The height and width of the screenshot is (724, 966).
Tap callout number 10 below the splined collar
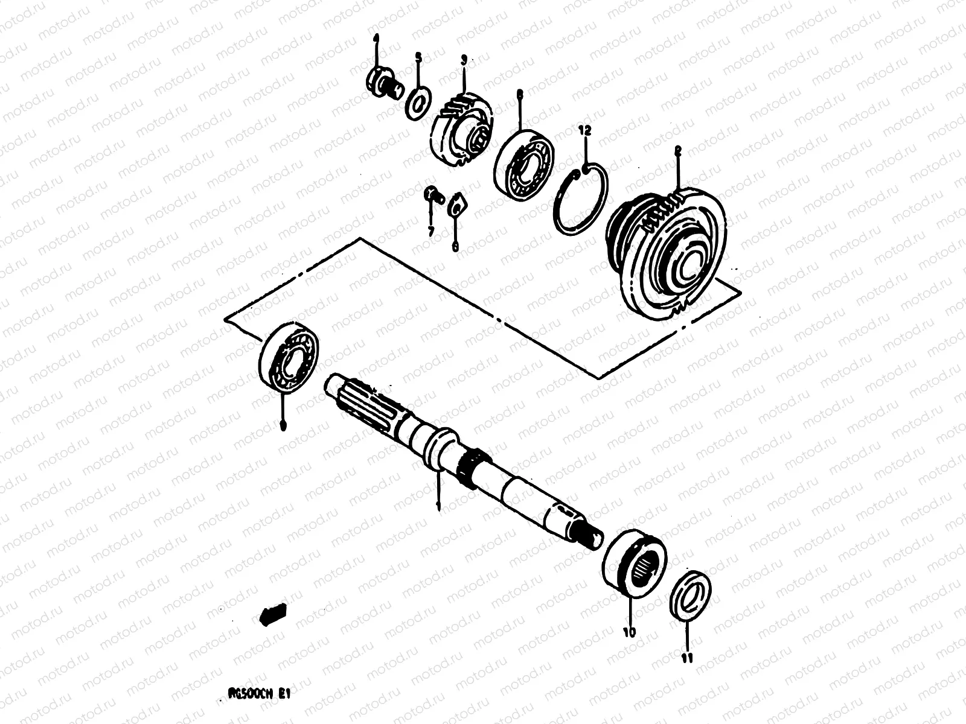630,632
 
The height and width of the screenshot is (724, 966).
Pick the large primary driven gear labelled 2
664,253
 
